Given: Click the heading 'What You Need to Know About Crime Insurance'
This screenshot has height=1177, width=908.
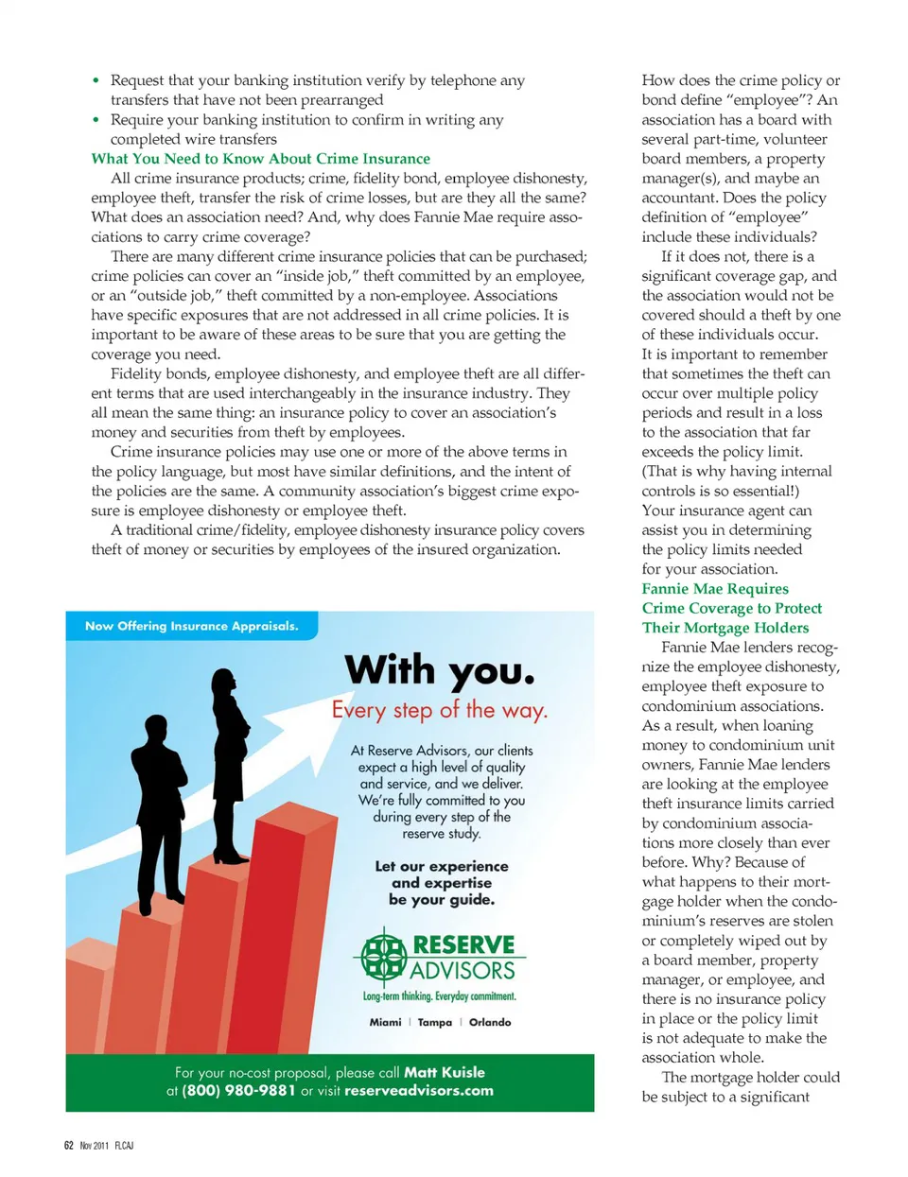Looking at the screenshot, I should [x=260, y=159].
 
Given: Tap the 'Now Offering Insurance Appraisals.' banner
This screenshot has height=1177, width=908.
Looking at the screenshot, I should [x=191, y=626].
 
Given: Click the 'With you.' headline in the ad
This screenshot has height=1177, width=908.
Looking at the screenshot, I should [x=440, y=670].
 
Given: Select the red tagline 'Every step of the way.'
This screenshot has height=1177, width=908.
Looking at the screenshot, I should [x=440, y=710].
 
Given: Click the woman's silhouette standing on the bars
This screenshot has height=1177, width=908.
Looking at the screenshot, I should [x=230, y=761].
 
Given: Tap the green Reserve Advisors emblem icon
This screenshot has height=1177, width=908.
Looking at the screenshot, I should [x=383, y=957].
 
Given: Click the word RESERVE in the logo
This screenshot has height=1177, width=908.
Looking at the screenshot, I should [x=463, y=944].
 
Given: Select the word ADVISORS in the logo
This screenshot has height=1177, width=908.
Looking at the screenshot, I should [x=463, y=971].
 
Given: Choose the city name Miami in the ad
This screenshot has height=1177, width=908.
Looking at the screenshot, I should [x=385, y=1022].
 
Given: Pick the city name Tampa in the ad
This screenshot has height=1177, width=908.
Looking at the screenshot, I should [x=435, y=1022].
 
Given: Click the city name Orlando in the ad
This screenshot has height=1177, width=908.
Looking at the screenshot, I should [x=490, y=1022].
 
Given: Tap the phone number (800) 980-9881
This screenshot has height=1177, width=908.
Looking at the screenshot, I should [x=238, y=1090].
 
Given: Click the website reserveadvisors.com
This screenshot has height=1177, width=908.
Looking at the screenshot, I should [x=419, y=1090].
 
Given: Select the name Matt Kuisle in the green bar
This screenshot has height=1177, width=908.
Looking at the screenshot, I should [x=445, y=1072].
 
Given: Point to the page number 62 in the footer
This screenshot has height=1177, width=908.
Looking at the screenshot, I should [x=69, y=1145].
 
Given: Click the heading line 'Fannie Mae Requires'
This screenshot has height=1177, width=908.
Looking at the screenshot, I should [x=715, y=588].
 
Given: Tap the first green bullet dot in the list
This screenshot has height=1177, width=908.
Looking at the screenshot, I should [x=96, y=80].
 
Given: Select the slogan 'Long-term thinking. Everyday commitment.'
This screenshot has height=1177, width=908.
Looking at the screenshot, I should [x=440, y=996].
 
